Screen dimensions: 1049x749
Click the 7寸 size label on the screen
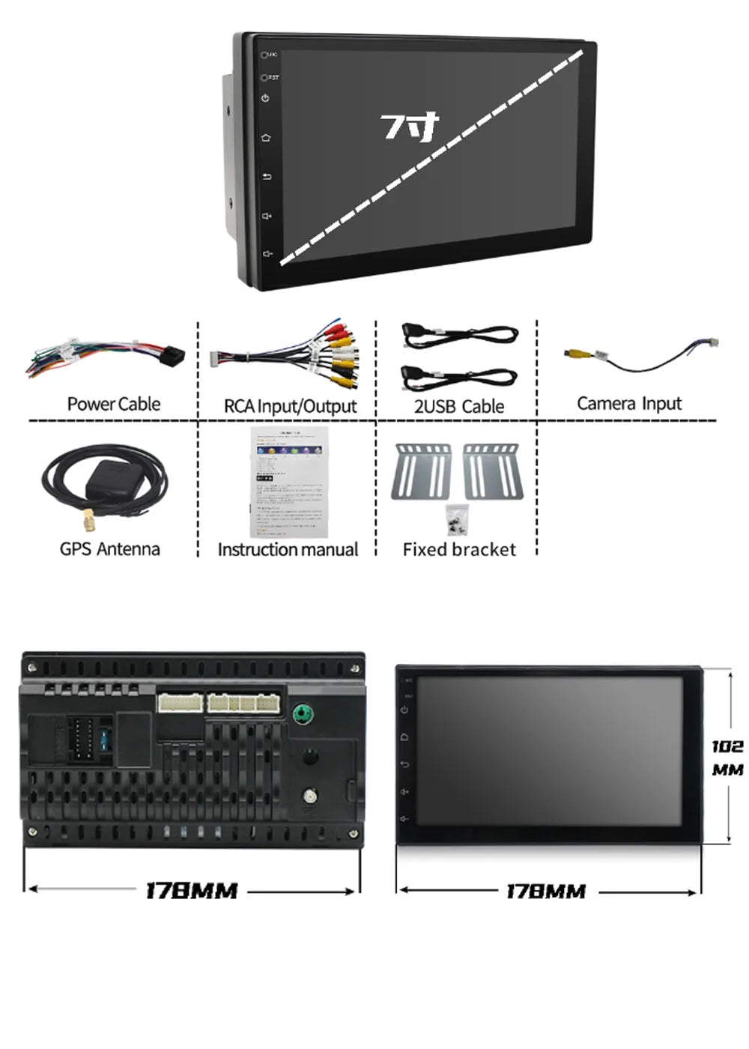point(408,127)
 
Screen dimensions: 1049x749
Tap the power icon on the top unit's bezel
point(266,98)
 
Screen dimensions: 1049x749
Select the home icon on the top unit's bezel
point(266,138)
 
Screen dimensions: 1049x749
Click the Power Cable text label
point(114,405)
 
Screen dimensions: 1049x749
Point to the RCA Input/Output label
point(290,406)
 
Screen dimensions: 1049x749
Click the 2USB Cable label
point(458,406)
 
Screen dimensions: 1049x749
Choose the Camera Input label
point(629,404)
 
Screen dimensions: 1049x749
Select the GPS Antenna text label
point(110,549)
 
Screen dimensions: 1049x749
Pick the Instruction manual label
point(288,550)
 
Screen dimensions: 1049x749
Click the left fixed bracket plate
point(421,471)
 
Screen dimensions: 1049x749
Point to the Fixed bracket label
point(459,550)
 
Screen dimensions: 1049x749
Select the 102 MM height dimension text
point(727,758)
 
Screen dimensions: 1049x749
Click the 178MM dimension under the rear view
point(191,891)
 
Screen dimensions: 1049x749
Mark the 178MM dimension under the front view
point(546,892)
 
